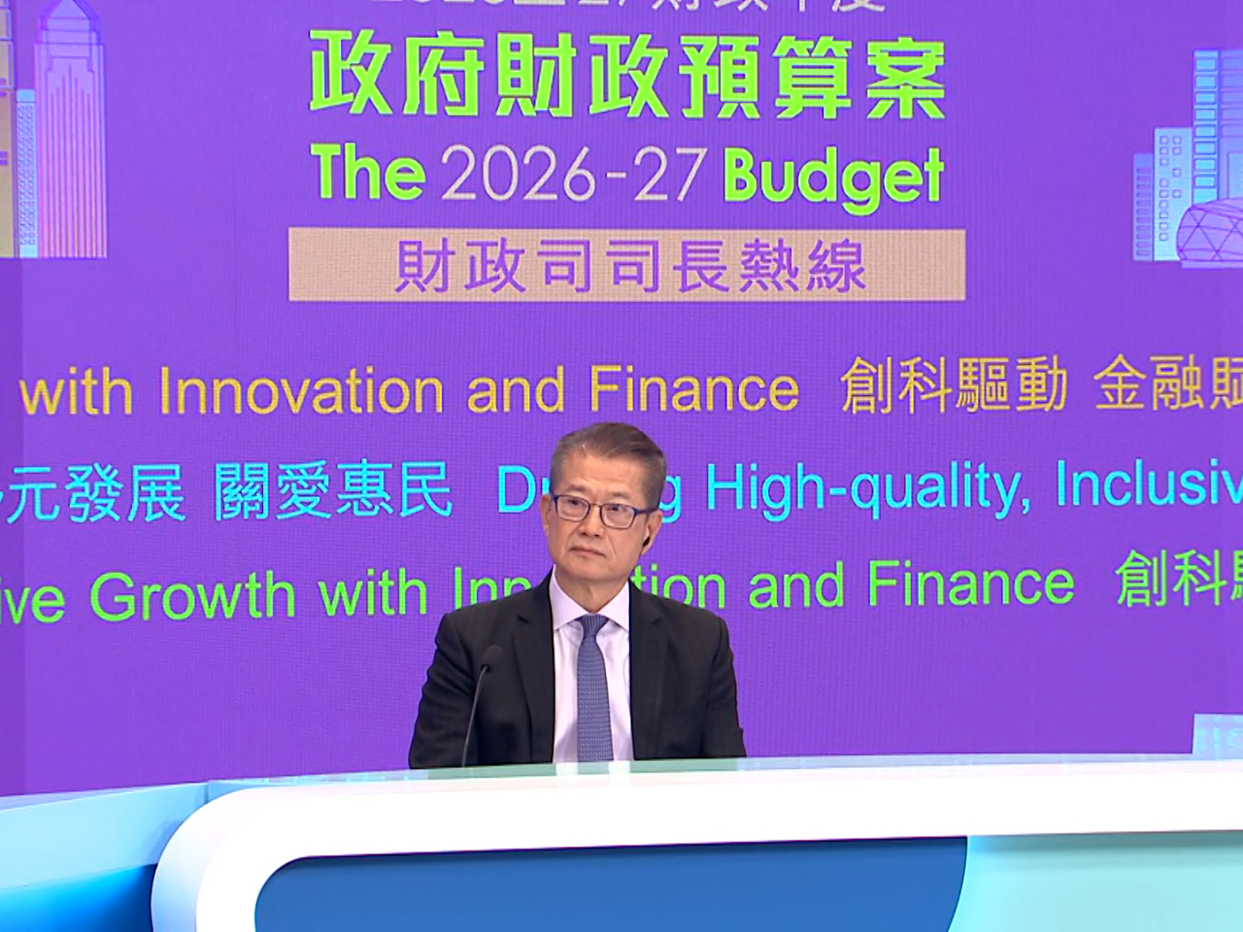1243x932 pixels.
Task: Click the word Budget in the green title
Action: click(833, 178)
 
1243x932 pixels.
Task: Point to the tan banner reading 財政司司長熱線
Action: click(627, 264)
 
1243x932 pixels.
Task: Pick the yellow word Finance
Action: click(692, 389)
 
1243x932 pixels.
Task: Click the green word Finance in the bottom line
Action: click(971, 584)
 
